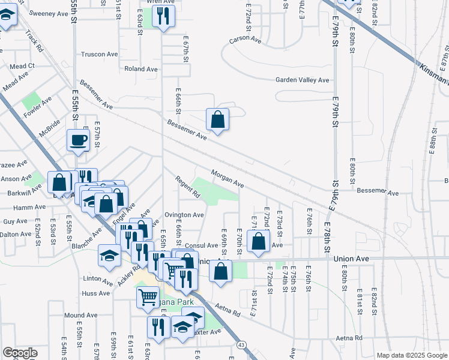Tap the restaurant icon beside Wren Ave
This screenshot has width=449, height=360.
(x=163, y=16)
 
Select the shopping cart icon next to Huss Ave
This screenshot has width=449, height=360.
(x=148, y=296)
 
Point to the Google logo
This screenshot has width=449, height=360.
(x=20, y=353)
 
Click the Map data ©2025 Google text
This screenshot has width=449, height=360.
(x=411, y=355)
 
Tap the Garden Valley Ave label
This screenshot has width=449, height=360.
(x=303, y=80)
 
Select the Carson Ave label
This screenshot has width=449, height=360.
(x=245, y=40)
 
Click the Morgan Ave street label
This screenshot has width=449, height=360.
(x=227, y=178)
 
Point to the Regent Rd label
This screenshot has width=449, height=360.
(x=187, y=186)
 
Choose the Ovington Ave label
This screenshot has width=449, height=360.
(x=185, y=215)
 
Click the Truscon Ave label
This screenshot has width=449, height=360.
(x=100, y=54)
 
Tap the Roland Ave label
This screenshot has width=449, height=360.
(x=140, y=69)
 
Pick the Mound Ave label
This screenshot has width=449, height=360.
(x=80, y=315)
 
